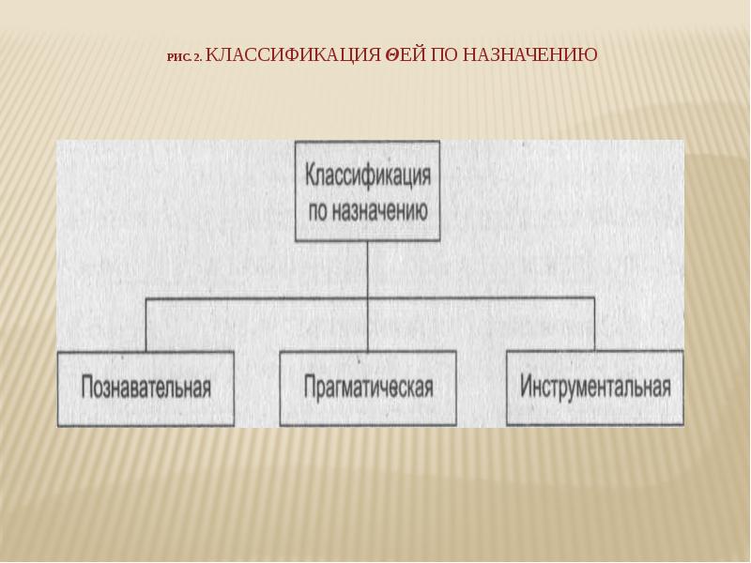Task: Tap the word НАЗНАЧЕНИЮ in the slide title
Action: click(528, 55)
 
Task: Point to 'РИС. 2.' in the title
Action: click(183, 57)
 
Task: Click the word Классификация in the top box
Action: click(367, 176)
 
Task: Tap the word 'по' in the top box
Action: click(318, 211)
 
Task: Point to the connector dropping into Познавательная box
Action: click(146, 325)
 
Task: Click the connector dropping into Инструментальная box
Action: click(594, 325)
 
